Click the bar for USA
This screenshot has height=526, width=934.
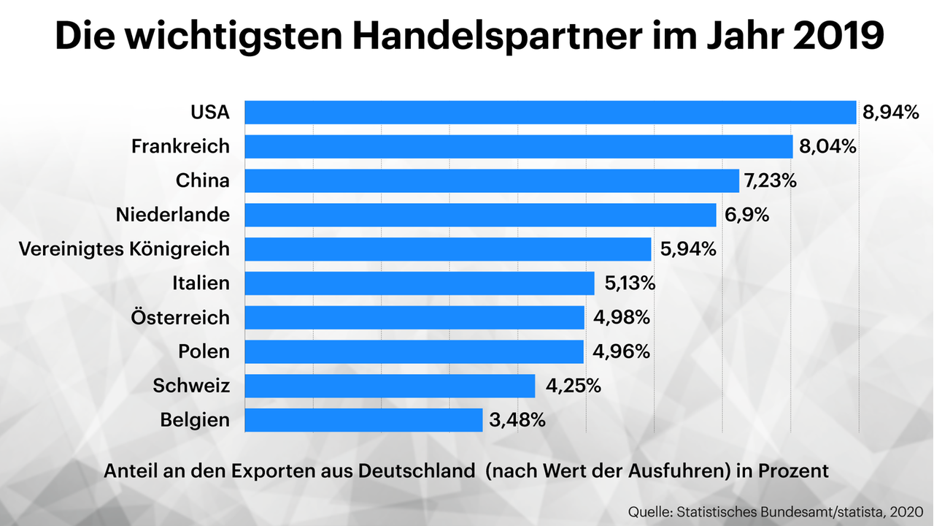pos(550,113)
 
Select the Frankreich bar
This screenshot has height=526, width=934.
pos(518,147)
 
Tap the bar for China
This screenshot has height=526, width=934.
pos(492,181)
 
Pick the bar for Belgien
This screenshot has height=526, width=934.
pos(363,420)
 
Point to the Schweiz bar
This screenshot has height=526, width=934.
pos(390,386)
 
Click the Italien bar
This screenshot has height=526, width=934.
pos(420,283)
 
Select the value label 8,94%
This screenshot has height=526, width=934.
pos(889,113)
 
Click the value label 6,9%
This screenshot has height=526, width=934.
pos(746,215)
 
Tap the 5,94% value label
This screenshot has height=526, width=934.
pos(687,249)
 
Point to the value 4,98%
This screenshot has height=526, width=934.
pos(621,318)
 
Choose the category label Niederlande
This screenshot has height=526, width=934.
pos(173,215)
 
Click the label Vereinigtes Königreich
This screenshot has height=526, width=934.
pos(124,249)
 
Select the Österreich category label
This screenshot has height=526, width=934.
pos(180,318)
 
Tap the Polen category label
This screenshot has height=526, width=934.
pos(204,351)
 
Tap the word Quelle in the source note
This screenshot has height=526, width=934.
pos(651,509)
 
